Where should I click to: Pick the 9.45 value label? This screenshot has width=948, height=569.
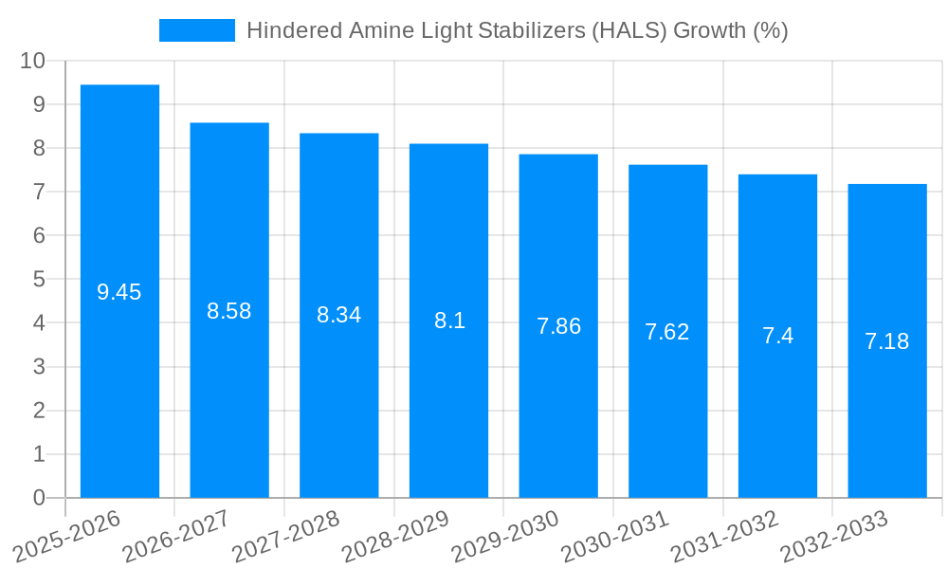(119, 292)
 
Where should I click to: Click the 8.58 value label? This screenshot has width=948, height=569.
(229, 311)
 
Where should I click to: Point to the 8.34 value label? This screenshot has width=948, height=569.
(339, 315)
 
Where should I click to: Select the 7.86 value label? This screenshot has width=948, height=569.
(558, 326)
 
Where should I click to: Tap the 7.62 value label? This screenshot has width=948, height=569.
(667, 332)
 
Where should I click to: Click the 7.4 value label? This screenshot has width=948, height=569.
(777, 336)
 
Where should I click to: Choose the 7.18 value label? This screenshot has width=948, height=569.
(887, 341)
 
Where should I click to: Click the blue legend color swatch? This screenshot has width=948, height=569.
(196, 30)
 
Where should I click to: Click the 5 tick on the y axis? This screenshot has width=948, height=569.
(39, 280)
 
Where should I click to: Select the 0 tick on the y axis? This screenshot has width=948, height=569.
(39, 498)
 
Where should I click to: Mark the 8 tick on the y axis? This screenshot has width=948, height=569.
(39, 148)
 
